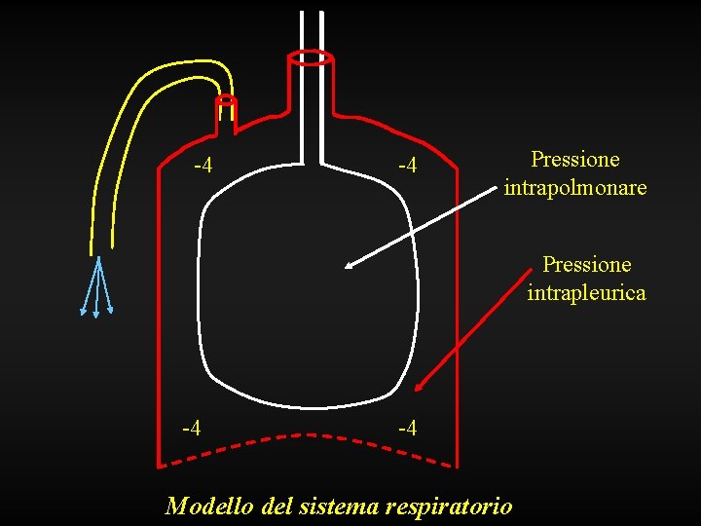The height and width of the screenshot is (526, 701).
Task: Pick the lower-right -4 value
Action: (407, 428)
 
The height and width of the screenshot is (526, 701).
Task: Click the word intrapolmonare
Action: (575, 187)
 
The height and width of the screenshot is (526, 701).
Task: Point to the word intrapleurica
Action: (586, 292)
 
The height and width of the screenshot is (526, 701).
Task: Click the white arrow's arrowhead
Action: (351, 262)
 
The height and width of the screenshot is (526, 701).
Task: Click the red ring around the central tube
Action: (312, 58)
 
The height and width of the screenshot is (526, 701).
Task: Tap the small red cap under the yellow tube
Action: (226, 99)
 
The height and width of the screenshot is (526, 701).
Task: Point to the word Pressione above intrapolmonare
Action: (575, 160)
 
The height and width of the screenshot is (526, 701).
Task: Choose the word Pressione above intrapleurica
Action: (586, 265)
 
